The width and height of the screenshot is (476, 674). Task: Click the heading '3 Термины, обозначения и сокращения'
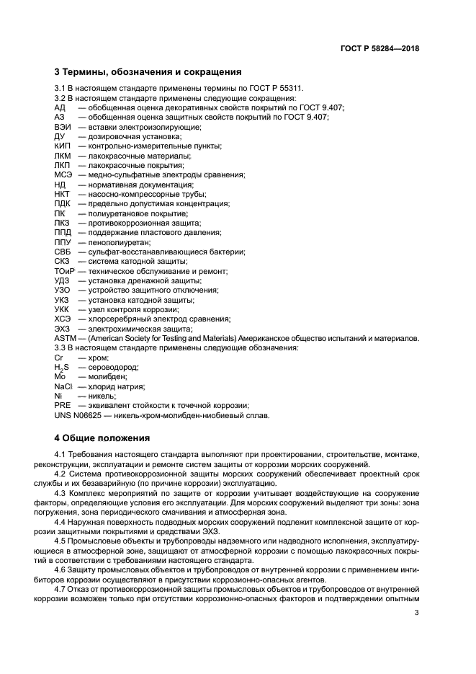pos(148,72)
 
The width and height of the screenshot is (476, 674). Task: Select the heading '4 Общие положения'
pos(102,438)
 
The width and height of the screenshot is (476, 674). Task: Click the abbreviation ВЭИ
pos(62,126)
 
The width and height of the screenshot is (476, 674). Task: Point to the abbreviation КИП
pos(62,146)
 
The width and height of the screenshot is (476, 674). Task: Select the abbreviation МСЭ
pos(63,174)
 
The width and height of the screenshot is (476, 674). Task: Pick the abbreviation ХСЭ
pos(63,319)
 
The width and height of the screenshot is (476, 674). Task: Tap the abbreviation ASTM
pos(66,338)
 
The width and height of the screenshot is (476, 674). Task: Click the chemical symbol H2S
pos(62,367)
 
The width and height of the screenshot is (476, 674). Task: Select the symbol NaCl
pos(63,386)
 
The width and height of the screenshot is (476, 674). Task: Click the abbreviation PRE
pos(62,406)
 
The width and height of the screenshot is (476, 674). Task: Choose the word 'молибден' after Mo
pos(107,377)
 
